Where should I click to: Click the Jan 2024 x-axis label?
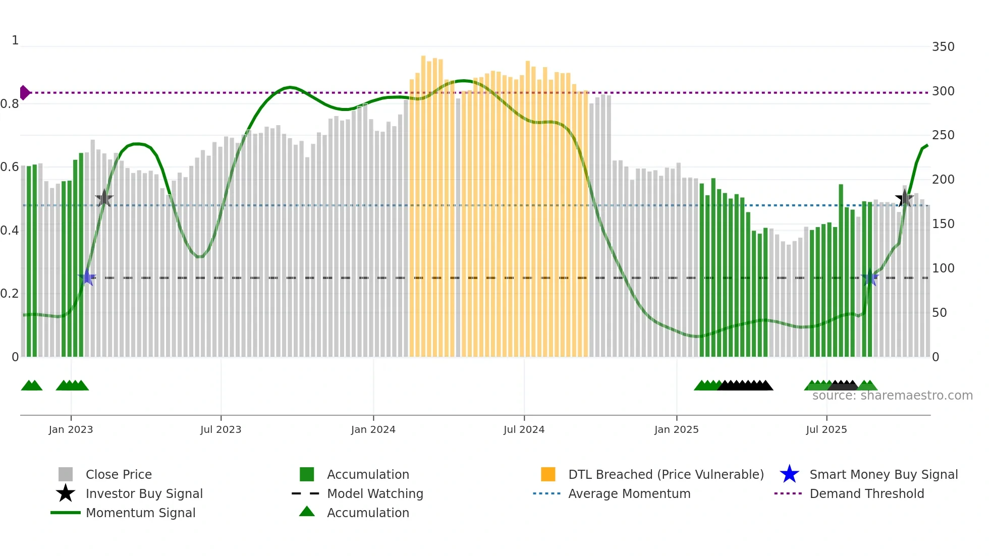tap(373, 429)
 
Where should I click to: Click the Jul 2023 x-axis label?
tap(221, 429)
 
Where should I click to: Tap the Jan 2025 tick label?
tap(676, 429)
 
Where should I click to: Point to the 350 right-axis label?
tap(943, 47)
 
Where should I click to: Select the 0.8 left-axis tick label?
tap(10, 104)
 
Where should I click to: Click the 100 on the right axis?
tap(943, 268)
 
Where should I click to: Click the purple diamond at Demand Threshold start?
tap(24, 93)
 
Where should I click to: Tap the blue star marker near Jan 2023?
tap(87, 277)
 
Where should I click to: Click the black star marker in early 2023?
tap(104, 198)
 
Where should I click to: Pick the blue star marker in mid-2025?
tap(869, 277)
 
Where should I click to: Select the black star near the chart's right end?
tap(904, 198)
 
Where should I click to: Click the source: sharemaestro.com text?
tap(892, 396)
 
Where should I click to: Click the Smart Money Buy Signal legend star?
tap(789, 474)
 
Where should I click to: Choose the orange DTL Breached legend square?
tap(548, 474)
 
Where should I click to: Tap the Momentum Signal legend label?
tap(140, 513)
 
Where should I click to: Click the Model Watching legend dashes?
tap(306, 493)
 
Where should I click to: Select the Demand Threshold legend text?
tap(866, 493)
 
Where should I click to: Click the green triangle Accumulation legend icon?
tap(306, 512)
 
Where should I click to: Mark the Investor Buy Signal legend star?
tap(66, 493)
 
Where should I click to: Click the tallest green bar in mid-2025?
tap(841, 270)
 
